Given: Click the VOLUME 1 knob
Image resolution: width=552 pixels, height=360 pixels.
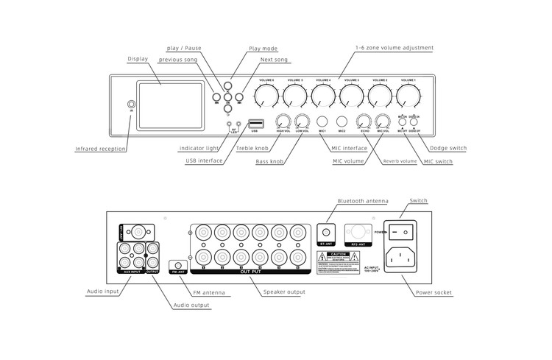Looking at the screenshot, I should [x=409, y=95].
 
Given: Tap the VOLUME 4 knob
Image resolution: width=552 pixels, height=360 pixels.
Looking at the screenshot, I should [x=324, y=95].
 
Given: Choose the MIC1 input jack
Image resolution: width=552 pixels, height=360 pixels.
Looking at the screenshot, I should [x=322, y=121].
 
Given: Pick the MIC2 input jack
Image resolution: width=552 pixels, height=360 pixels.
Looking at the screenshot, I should [x=342, y=121].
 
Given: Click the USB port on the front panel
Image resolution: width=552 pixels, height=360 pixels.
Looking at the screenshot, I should [x=255, y=122].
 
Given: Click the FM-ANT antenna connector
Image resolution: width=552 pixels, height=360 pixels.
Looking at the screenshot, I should [x=177, y=264].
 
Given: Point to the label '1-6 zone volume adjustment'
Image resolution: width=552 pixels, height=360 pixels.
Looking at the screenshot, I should [x=394, y=48].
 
